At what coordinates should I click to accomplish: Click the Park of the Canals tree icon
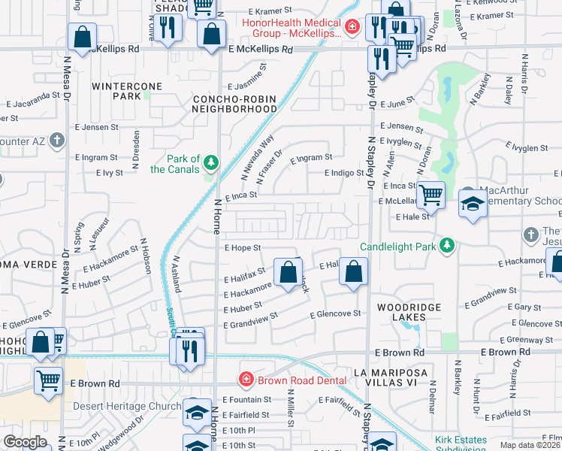(x=212, y=162)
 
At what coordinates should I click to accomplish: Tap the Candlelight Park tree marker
(x=447, y=246)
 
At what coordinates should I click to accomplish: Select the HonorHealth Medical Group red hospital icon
(x=352, y=27)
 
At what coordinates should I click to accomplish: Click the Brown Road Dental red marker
(x=245, y=380)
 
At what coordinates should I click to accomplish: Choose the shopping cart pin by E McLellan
(x=431, y=195)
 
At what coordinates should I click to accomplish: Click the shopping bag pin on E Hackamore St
(x=287, y=272)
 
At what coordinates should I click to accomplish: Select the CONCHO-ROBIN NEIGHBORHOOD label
(x=235, y=104)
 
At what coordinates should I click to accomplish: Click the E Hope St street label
(x=242, y=247)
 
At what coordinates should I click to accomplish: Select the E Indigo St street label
(x=343, y=173)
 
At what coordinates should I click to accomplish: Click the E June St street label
(x=397, y=105)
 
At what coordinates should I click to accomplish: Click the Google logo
(x=25, y=442)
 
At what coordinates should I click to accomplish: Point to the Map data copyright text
(x=530, y=445)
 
